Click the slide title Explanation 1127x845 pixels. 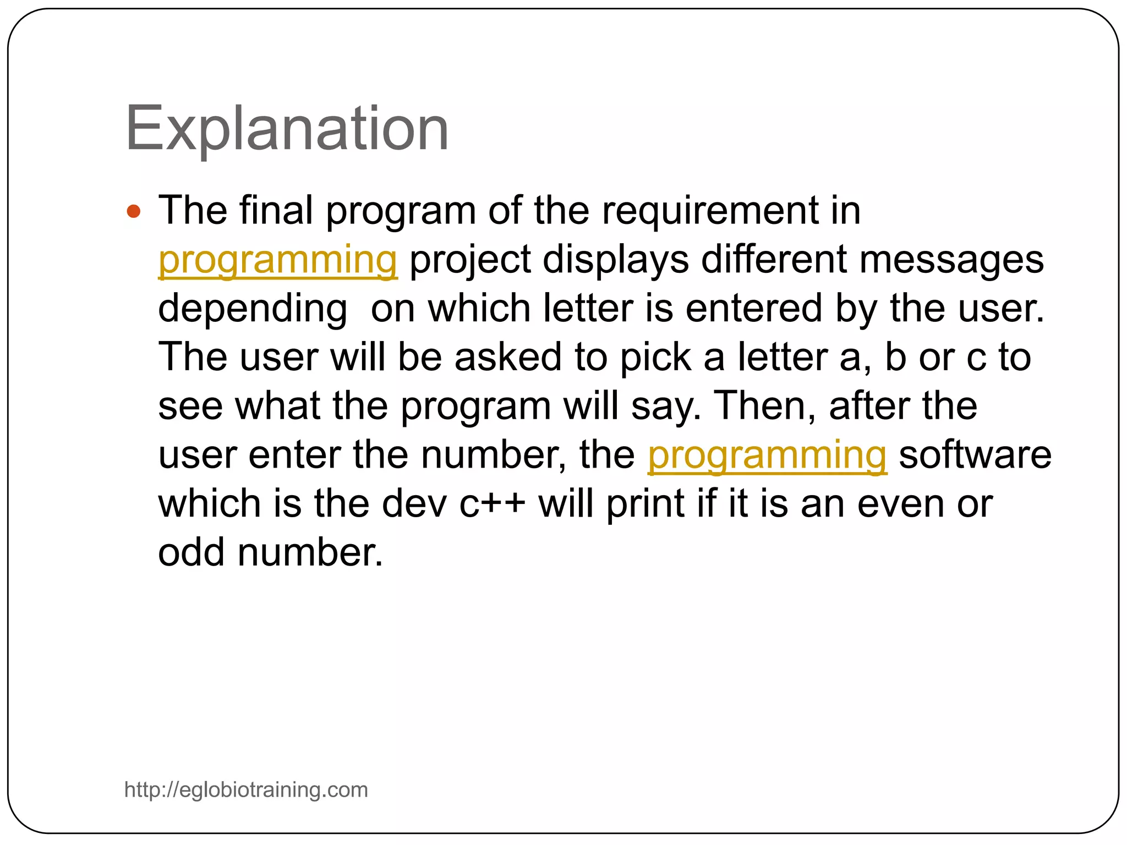click(287, 129)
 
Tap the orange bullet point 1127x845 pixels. click(134, 211)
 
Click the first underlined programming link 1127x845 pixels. click(277, 260)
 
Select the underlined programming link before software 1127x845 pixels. click(767, 456)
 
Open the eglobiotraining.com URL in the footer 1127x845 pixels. click(246, 789)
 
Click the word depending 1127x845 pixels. click(253, 309)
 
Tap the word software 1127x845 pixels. click(975, 456)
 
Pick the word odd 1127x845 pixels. click(191, 552)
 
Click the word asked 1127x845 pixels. click(507, 357)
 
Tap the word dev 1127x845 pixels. click(414, 504)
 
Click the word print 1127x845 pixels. click(645, 504)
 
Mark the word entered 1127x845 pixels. click(754, 309)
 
